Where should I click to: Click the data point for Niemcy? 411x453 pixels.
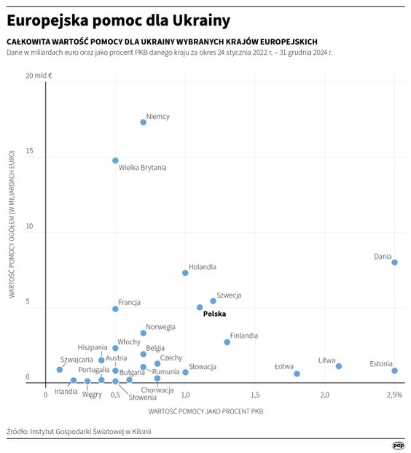pyautogui.click(x=143, y=122)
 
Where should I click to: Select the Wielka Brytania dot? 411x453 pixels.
pyautogui.click(x=115, y=160)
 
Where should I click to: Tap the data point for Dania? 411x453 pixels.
pyautogui.click(x=394, y=262)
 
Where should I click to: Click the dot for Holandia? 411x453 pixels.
pyautogui.click(x=185, y=273)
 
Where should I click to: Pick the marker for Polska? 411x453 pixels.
pyautogui.click(x=200, y=307)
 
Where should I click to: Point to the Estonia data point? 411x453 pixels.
pyautogui.click(x=394, y=371)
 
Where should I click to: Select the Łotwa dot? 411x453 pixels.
pyautogui.click(x=297, y=373)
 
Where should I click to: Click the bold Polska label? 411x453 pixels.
pyautogui.click(x=214, y=314)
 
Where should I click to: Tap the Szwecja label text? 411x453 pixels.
pyautogui.click(x=229, y=295)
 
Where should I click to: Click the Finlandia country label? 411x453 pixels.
pyautogui.click(x=243, y=336)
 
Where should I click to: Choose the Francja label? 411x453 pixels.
pyautogui.click(x=129, y=302)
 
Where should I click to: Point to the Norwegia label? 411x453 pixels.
pyautogui.click(x=160, y=327)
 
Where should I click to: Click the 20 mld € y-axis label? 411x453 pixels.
pyautogui.click(x=44, y=75)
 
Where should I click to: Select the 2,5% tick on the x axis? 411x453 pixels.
pyautogui.click(x=394, y=395)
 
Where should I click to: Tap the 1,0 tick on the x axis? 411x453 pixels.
pyautogui.click(x=185, y=395)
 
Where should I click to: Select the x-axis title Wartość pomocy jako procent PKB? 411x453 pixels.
pyautogui.click(x=205, y=411)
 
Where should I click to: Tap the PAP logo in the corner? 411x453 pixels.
pyautogui.click(x=398, y=444)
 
